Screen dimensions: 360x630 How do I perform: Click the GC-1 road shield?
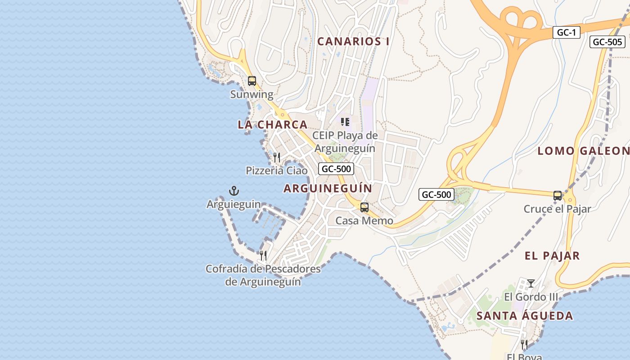tap(566, 32)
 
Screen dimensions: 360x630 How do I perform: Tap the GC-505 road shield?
tap(607, 42)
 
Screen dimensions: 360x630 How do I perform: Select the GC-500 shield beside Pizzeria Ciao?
tap(336, 169)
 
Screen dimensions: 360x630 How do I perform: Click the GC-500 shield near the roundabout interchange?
tap(436, 194)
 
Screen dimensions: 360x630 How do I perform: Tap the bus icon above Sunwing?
tap(252, 81)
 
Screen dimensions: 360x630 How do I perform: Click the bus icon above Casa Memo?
tap(364, 207)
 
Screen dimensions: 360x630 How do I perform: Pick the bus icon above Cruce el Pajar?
tap(558, 195)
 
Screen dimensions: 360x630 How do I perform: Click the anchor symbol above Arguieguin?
tap(234, 191)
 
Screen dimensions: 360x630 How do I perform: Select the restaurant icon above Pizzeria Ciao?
tap(277, 157)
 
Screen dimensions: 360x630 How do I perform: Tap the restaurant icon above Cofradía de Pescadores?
tap(263, 256)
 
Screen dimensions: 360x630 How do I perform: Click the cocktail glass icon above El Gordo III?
tap(531, 283)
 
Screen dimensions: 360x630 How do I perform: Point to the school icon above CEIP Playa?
tap(345, 122)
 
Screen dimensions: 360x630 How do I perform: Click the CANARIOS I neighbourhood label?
tap(353, 41)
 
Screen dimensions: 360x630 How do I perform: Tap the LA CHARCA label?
tap(273, 125)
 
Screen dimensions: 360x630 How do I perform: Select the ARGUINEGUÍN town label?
tap(328, 189)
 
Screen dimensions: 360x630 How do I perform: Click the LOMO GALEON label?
tap(583, 151)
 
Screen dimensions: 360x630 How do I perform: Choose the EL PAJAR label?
tap(552, 256)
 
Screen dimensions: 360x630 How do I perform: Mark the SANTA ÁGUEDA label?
tap(525, 316)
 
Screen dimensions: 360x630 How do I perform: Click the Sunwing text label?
tap(252, 94)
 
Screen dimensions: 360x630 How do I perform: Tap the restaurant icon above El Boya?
tap(524, 345)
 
